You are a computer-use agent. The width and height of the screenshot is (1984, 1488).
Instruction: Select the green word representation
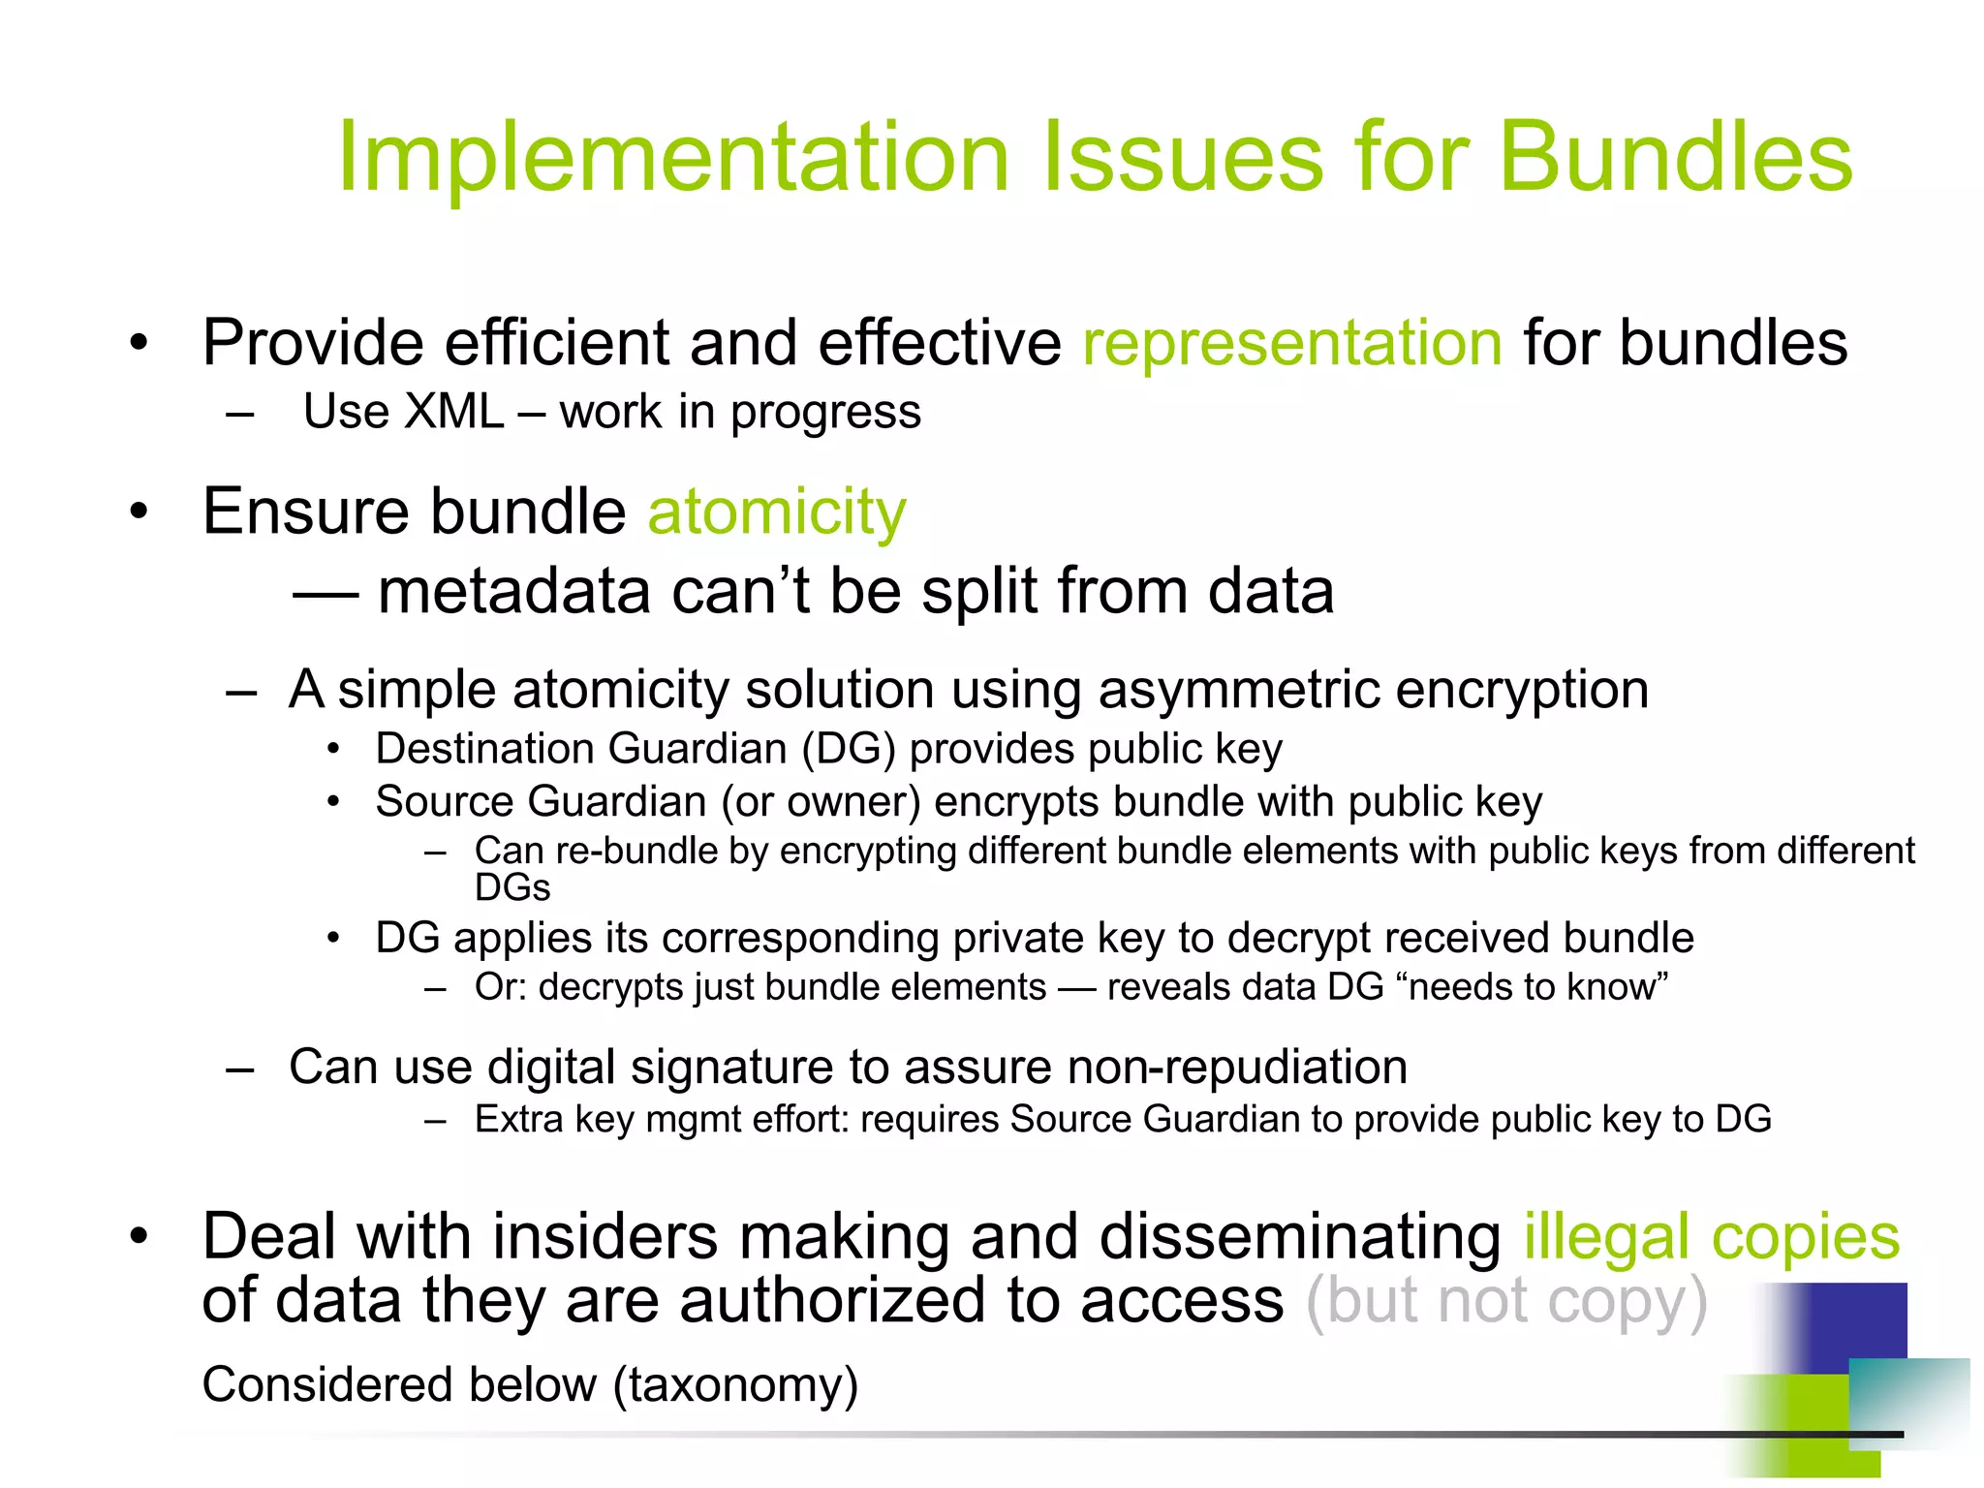[x=1292, y=343]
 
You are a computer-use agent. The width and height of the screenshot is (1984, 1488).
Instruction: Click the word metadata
[x=513, y=591]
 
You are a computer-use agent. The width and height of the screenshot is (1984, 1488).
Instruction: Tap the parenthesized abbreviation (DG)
[x=848, y=749]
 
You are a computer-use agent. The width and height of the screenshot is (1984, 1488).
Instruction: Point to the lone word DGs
[x=511, y=888]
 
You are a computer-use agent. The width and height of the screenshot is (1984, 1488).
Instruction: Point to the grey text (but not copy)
[x=1506, y=1301]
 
